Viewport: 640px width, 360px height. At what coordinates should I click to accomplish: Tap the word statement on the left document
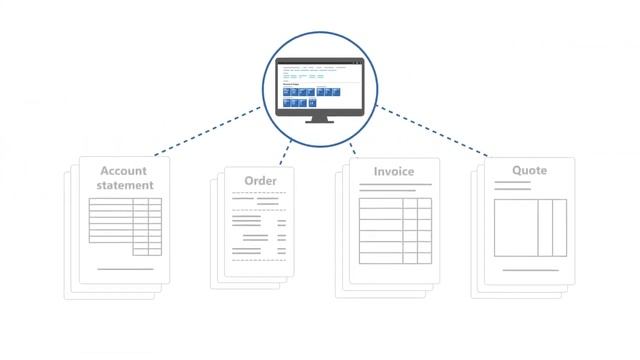[x=125, y=185]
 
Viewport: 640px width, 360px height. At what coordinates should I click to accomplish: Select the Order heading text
[x=261, y=180]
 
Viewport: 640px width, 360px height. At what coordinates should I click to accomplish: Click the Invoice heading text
[x=394, y=171]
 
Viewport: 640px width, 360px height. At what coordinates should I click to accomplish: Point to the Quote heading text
[x=529, y=170]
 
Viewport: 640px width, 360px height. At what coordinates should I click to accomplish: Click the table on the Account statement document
[x=125, y=226]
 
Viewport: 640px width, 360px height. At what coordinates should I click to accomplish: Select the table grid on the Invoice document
[x=395, y=230]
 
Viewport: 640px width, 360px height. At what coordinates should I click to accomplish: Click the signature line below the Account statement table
[x=125, y=269]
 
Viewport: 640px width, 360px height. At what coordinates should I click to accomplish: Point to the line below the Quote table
[x=530, y=270]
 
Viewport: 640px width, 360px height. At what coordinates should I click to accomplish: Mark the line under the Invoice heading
[x=394, y=185]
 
